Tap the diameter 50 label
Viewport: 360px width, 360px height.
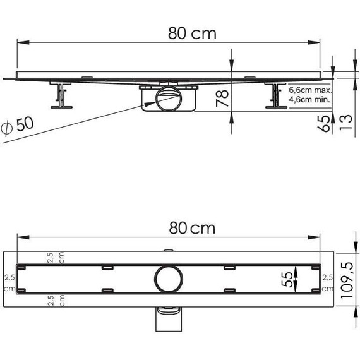[17, 125]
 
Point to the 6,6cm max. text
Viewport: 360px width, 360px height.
[310, 90]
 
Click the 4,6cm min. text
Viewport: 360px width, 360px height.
[310, 99]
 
